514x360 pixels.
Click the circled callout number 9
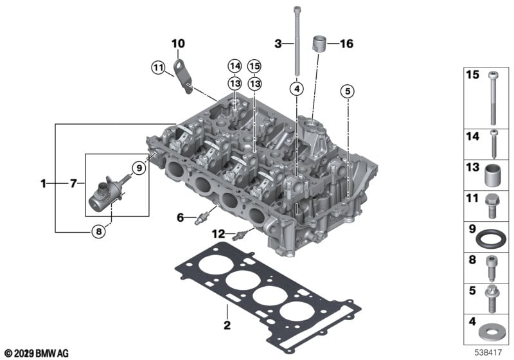(139, 168)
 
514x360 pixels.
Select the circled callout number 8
(99, 232)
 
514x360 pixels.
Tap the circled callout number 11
(158, 68)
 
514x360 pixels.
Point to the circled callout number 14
(235, 66)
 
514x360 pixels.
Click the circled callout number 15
(254, 66)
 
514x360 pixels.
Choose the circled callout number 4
(297, 89)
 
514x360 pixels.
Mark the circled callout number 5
(348, 91)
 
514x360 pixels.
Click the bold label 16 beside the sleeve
(347, 44)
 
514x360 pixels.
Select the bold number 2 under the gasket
(227, 325)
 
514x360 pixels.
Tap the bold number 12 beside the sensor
(218, 234)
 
